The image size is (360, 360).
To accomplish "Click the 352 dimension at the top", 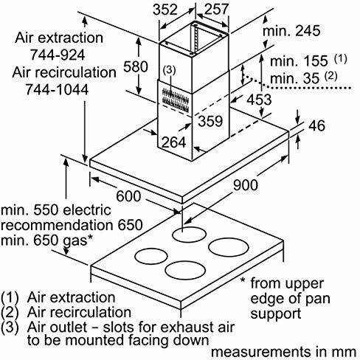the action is pos(165,10).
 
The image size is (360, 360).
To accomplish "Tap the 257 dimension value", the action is pos(217,10).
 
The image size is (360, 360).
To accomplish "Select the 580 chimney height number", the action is pos(136,66).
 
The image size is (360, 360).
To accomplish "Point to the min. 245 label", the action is pos(291,31).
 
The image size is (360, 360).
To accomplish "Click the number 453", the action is pos(259,100).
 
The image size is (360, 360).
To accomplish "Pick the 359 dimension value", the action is pos(210,121).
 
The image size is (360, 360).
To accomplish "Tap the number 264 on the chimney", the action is pos(173,142).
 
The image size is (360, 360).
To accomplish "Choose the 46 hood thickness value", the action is pos(316,125).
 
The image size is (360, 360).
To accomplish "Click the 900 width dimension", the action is pos(246,185).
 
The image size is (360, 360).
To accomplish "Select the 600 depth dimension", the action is pos(128,196).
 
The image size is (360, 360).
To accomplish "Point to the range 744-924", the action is pos(58,55).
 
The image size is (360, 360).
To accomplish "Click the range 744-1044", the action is pos(57,89).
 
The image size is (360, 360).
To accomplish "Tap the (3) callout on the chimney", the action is pos(169,71).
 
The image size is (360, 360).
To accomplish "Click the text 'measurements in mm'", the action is pos(284,352).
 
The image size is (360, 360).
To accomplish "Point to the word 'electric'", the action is pos(86,210).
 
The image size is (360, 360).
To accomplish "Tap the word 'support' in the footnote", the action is pos(276,314).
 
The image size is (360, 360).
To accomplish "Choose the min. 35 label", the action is pos(295,78).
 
